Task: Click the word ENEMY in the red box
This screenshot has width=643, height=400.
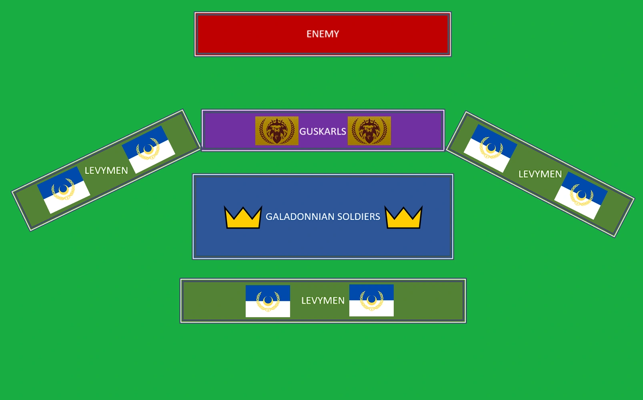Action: click(x=323, y=34)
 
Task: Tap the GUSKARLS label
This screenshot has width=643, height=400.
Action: click(x=323, y=131)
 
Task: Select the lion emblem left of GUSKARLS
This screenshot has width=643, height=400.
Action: click(x=277, y=131)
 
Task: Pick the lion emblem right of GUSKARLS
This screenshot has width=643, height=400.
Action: click(x=369, y=131)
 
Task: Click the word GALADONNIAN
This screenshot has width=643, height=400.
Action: click(x=300, y=217)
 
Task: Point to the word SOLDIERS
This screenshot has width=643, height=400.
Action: click(x=359, y=217)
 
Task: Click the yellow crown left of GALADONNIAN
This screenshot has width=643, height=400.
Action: click(x=243, y=218)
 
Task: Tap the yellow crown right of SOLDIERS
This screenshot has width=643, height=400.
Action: click(x=403, y=218)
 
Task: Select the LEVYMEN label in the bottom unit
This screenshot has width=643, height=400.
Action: click(x=323, y=300)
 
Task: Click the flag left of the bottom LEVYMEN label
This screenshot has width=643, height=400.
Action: click(x=268, y=301)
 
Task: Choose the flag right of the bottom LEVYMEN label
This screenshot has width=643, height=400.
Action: click(x=371, y=300)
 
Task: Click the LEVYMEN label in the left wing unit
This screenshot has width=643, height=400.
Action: click(x=106, y=171)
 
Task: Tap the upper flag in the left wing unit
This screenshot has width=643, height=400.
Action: click(x=148, y=149)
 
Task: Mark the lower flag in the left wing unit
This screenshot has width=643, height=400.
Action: click(x=64, y=190)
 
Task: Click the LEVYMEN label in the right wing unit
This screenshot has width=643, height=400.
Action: click(x=540, y=174)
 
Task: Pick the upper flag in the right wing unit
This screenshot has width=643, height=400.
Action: click(x=490, y=148)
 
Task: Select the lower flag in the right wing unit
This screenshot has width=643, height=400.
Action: click(x=581, y=196)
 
